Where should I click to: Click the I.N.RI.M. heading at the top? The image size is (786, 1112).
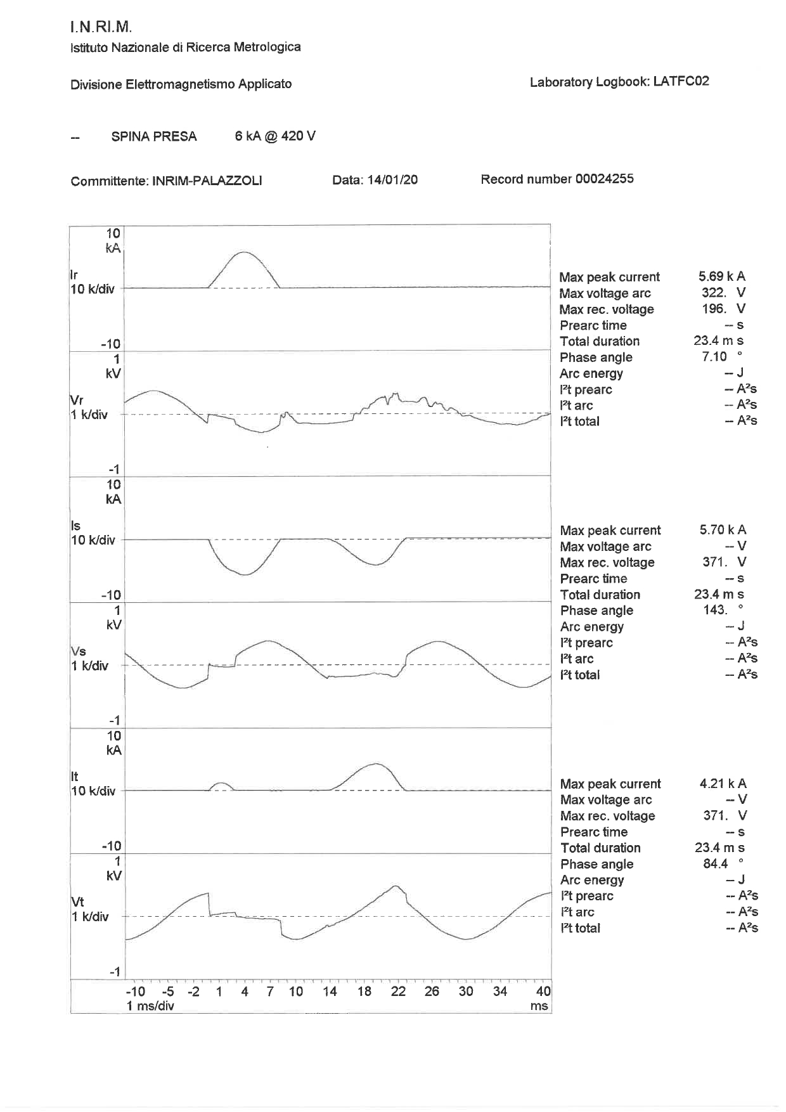pyautogui.click(x=101, y=27)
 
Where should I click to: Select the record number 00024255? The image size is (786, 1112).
pyautogui.click(x=604, y=179)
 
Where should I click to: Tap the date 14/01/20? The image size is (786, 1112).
pyautogui.click(x=392, y=179)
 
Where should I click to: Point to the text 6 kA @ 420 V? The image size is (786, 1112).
pyautogui.click(x=275, y=136)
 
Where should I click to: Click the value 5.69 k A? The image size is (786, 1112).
pyautogui.click(x=721, y=276)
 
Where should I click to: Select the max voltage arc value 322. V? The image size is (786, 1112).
pyautogui.click(x=723, y=293)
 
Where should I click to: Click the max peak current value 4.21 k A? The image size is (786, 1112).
pyautogui.click(x=723, y=784)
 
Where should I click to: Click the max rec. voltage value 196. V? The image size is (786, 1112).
pyautogui.click(x=723, y=309)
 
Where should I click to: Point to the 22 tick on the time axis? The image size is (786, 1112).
pyautogui.click(x=398, y=992)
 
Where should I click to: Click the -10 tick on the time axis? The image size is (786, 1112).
pyautogui.click(x=135, y=992)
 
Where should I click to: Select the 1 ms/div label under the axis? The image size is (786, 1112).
pyautogui.click(x=150, y=1006)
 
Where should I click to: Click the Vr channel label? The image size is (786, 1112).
pyautogui.click(x=76, y=400)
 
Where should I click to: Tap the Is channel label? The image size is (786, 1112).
pyautogui.click(x=75, y=526)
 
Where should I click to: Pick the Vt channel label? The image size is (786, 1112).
pyautogui.click(x=77, y=902)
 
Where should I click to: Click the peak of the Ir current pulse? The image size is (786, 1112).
pyautogui.click(x=244, y=253)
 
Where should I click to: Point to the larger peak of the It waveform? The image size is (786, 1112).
pyautogui.click(x=376, y=764)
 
